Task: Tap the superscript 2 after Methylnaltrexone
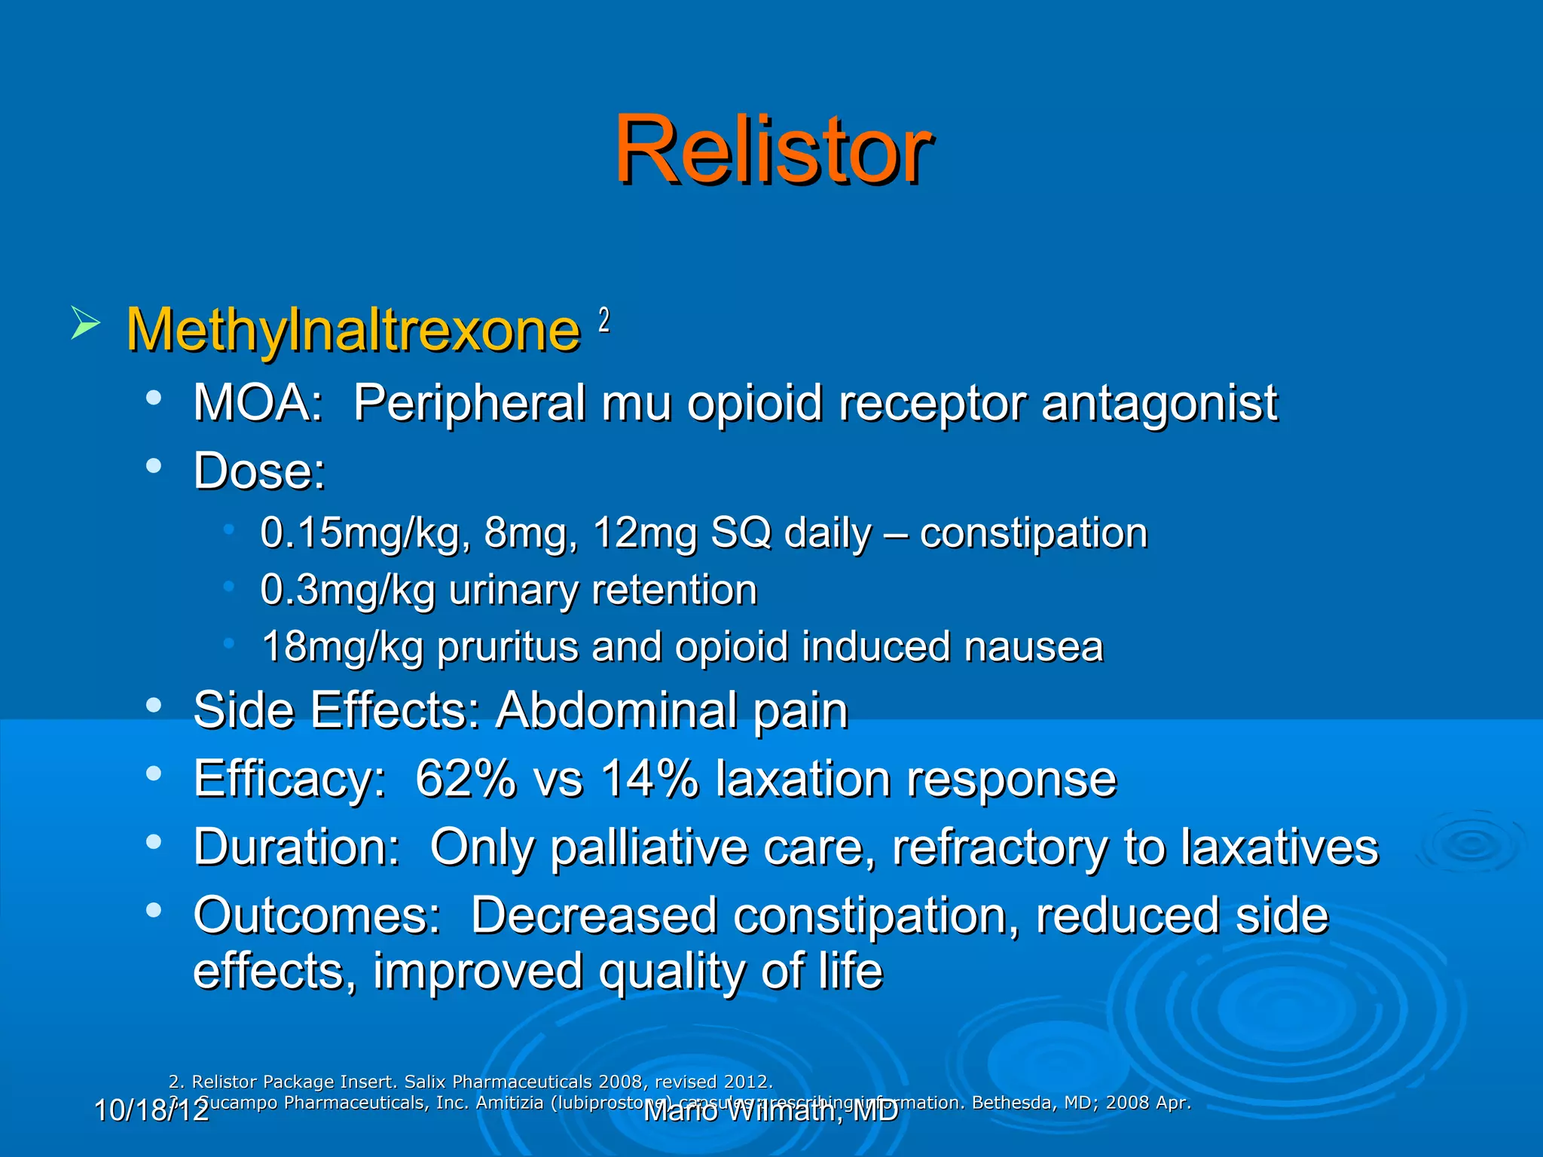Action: coord(603,321)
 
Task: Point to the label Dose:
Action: coord(259,472)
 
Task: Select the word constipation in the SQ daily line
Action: coord(1033,533)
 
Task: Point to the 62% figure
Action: coord(465,779)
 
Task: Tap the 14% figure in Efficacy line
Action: coord(649,779)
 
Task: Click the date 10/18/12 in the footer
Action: coord(151,1110)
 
